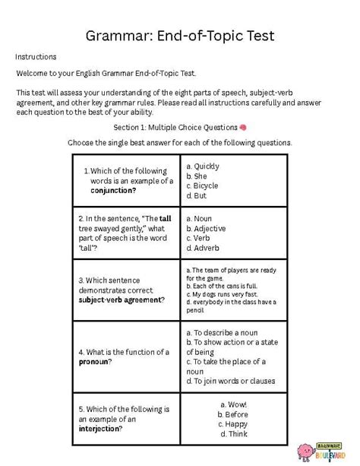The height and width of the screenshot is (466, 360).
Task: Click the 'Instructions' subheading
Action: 35,57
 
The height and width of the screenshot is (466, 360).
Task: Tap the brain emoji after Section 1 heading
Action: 243,127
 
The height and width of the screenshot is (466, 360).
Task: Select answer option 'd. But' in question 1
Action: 196,195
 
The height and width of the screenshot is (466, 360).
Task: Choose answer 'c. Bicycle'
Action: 202,185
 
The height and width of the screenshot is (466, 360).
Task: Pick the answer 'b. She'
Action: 197,176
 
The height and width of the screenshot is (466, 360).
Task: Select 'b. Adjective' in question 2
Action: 205,228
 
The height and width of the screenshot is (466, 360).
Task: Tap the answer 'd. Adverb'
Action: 201,248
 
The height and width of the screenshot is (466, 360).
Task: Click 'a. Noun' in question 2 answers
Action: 198,218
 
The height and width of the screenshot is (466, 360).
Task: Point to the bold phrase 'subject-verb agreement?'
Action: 122,300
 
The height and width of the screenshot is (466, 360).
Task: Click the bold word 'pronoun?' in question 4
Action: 95,362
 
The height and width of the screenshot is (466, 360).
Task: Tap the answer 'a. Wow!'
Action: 233,404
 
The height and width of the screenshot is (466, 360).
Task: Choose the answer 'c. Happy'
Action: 233,423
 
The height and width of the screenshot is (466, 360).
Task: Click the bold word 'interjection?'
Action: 100,428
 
